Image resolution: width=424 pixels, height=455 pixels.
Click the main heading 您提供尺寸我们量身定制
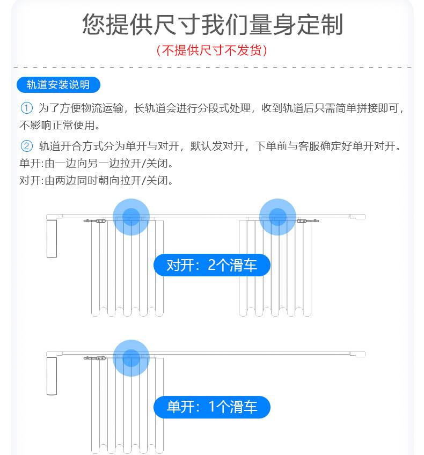pyautogui.click(x=213, y=24)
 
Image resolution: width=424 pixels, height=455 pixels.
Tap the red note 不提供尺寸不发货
pyautogui.click(x=211, y=50)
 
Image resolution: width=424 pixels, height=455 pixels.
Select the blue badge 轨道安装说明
pyautogui.click(x=59, y=85)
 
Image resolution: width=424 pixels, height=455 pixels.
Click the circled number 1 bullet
pyautogui.click(x=26, y=108)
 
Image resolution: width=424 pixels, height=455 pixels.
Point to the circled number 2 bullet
pyautogui.click(x=26, y=146)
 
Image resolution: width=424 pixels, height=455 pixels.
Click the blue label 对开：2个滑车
pyautogui.click(x=212, y=265)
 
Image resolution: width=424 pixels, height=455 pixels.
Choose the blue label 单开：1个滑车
pyautogui.click(x=212, y=407)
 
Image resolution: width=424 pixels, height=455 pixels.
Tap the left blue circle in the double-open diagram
pyautogui.click(x=131, y=217)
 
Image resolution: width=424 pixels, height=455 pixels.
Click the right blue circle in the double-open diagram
pyautogui.click(x=277, y=217)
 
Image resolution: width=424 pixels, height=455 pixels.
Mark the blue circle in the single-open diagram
pyautogui.click(x=131, y=358)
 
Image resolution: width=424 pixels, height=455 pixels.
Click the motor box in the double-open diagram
pyautogui.click(x=52, y=239)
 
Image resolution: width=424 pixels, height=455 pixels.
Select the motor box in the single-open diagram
pyautogui.click(x=52, y=376)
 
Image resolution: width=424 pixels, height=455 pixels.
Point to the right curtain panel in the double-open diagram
pyautogui.click(x=275, y=268)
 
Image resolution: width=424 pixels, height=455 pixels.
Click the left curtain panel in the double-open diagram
pyautogui.click(x=127, y=268)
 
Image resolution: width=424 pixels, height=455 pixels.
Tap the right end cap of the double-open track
pyautogui.click(x=358, y=217)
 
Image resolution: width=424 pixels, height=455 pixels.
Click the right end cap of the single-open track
pyautogui.click(x=358, y=354)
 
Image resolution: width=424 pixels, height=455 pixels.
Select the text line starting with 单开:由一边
pyautogui.click(x=97, y=163)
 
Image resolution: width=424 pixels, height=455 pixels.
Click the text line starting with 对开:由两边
pyautogui.click(x=97, y=180)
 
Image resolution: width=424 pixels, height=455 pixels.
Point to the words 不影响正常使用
pyautogui.click(x=57, y=126)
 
